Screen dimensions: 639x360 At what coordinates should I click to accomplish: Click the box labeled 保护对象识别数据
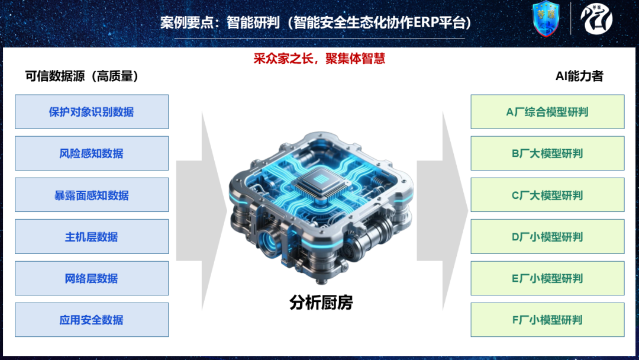92,112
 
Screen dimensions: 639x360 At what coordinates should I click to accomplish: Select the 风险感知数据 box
92,153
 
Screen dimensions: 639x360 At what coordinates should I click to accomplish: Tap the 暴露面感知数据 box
92,195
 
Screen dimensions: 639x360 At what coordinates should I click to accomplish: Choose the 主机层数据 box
92,236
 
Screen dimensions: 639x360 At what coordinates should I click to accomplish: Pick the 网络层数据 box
92,278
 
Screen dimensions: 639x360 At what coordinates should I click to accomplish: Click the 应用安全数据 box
92,320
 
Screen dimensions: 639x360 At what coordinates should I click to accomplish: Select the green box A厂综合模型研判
547,112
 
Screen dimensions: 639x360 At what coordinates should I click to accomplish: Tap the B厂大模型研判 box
547,153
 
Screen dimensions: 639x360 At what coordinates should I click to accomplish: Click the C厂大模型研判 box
547,195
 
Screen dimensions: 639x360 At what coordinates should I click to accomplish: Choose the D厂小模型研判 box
547,236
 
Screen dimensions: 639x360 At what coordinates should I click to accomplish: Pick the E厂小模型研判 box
547,278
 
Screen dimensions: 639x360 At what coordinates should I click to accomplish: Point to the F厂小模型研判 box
547,320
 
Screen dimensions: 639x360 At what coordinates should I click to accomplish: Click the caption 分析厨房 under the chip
321,303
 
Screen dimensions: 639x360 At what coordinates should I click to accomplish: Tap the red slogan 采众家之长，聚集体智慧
319,59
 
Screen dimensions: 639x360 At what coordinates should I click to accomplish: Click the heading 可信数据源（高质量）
82,76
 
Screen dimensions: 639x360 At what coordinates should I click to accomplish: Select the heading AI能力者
579,76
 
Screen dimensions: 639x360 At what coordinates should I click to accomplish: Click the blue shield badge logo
546,19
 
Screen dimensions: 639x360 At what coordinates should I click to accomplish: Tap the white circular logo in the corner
596,19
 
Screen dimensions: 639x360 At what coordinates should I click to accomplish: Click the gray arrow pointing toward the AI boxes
443,211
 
